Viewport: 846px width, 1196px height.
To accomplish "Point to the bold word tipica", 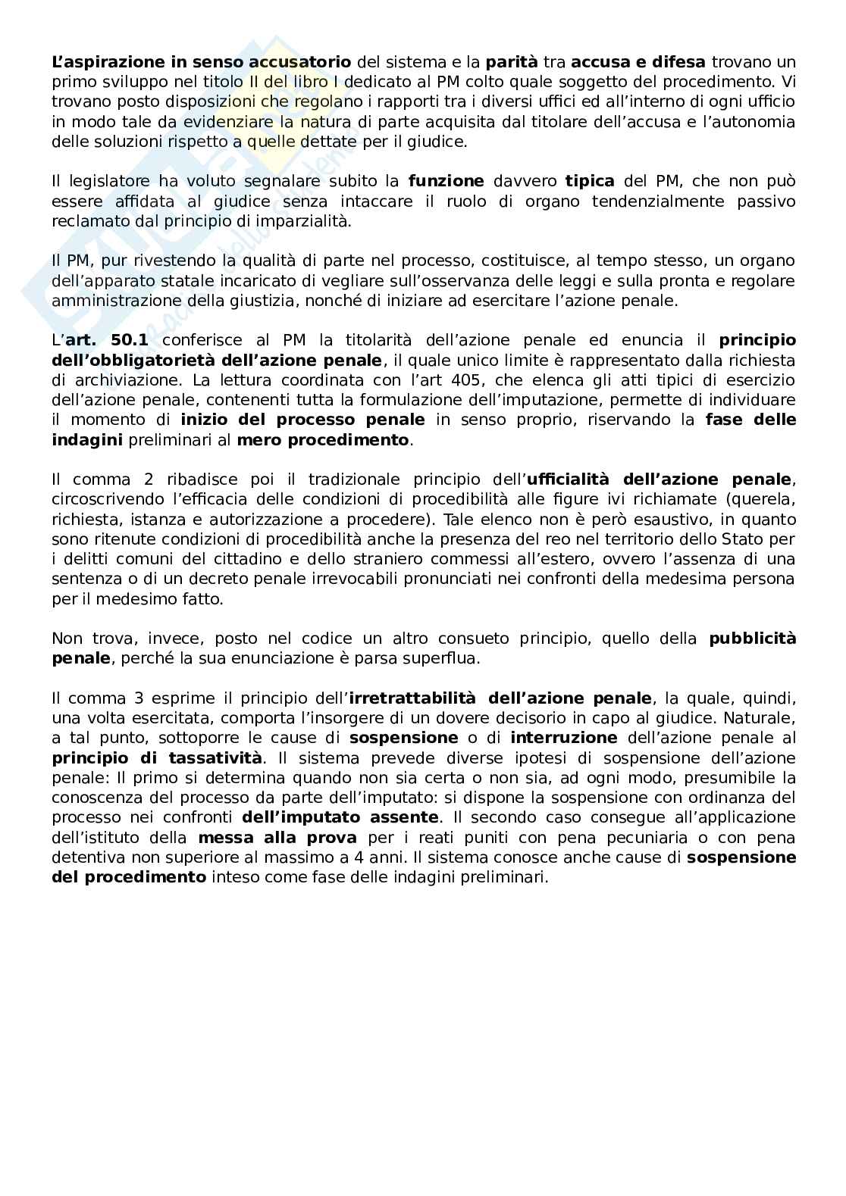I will (590, 181).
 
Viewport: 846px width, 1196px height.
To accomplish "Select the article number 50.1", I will (126, 340).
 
